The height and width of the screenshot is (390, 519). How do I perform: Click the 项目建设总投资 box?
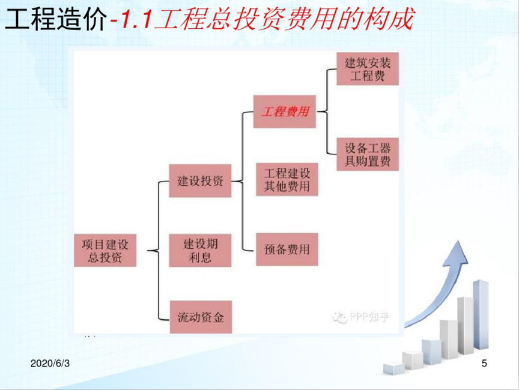105,251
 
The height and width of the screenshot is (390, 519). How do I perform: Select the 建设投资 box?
200,181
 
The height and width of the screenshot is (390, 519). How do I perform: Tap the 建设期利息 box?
200,251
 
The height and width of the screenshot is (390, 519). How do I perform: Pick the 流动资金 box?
201,317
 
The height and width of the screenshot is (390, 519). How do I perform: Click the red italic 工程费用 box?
285,112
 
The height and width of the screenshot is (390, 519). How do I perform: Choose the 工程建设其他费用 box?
287,180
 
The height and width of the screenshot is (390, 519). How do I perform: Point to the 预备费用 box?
287,249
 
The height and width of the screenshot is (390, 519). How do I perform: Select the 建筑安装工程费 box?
368,69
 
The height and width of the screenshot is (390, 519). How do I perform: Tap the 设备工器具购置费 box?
368,154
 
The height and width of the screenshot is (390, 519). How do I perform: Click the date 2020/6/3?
50,364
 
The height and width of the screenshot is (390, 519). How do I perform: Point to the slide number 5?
484,364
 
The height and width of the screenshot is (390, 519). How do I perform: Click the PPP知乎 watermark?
361,317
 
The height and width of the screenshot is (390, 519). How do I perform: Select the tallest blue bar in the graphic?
481,314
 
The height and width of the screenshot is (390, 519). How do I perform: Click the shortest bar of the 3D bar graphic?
394,368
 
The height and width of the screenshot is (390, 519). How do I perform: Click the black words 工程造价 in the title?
56,19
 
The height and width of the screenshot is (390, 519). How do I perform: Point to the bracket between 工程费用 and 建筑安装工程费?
327,112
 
